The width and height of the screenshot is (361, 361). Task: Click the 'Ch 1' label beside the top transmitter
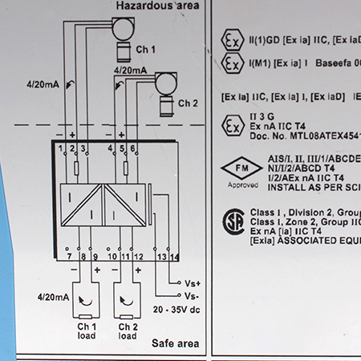145,50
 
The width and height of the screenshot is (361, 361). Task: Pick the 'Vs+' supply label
193,283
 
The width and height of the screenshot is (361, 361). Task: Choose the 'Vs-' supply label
193,295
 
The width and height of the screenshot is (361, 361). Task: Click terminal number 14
175,256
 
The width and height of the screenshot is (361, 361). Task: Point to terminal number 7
69,256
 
